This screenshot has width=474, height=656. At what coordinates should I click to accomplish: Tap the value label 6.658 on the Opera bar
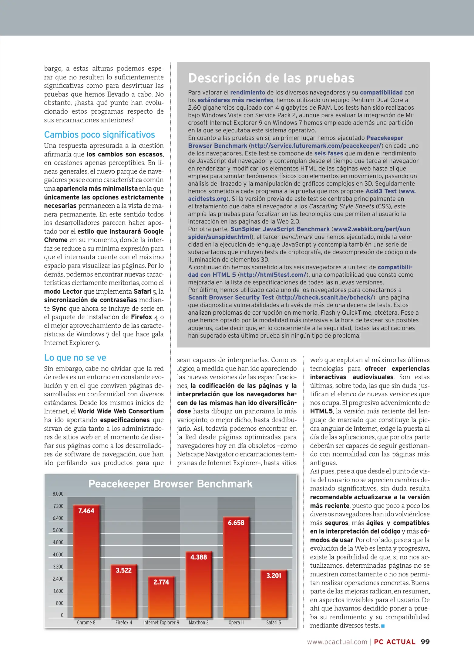236,523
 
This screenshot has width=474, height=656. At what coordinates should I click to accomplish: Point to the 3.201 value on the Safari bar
274,576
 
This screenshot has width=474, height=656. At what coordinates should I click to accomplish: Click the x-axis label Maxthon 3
199,622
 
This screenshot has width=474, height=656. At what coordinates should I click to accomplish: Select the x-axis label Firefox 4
124,622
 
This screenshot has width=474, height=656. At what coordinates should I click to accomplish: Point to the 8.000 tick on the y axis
58,494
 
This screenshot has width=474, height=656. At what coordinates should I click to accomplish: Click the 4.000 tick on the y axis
58,555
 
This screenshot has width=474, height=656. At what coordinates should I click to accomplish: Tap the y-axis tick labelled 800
60,603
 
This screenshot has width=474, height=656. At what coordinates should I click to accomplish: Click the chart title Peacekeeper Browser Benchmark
170,484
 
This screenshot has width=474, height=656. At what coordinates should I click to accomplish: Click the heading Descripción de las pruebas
271,78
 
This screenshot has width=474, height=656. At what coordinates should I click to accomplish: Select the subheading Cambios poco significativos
99,135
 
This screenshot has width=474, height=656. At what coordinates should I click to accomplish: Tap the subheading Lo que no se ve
75,357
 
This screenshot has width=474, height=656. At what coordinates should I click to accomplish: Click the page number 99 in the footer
425,642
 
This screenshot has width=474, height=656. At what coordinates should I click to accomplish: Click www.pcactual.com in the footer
337,642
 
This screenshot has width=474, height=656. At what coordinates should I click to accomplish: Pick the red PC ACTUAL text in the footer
395,642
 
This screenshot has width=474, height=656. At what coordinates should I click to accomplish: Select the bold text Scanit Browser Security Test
231,298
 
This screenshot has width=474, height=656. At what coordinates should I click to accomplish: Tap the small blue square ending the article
383,626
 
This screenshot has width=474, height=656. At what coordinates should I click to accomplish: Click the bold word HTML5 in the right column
321,411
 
